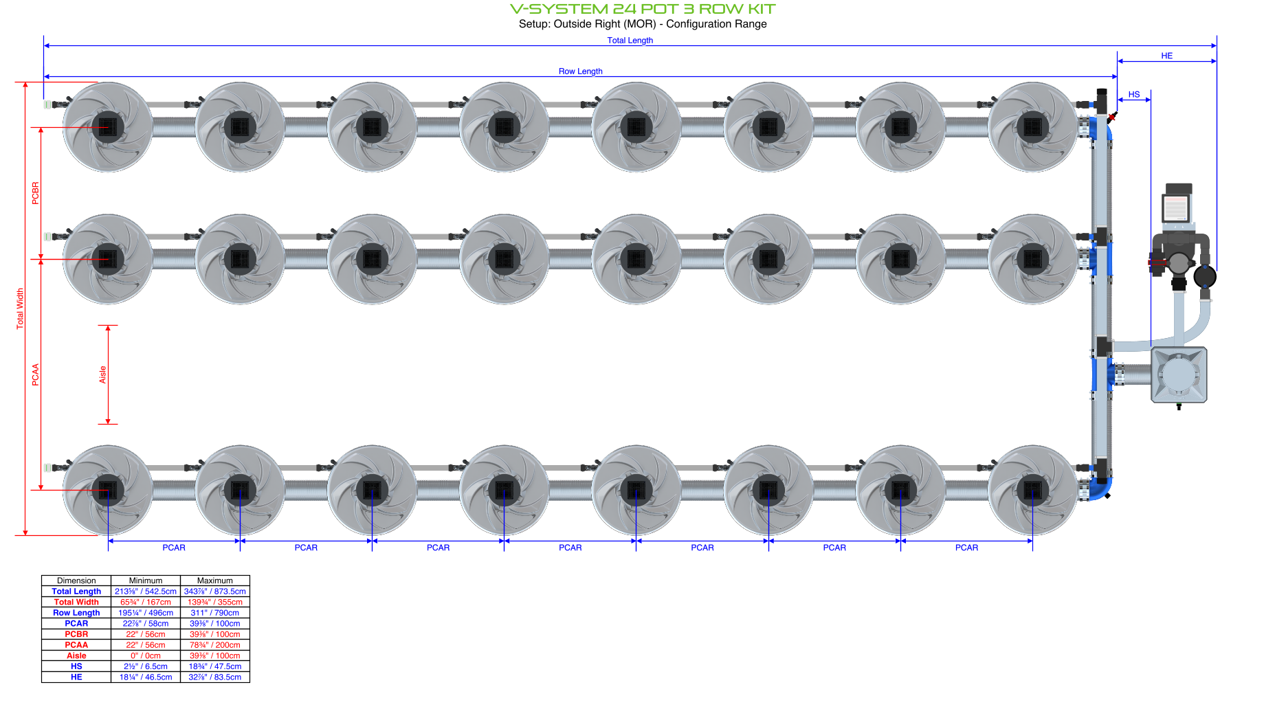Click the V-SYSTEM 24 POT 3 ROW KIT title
point(642,9)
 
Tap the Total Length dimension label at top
point(630,41)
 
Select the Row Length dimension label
point(580,71)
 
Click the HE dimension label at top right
point(1166,56)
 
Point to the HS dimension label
point(1133,95)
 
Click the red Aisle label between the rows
point(102,374)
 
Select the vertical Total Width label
point(20,308)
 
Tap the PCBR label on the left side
point(36,193)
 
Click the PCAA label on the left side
point(36,374)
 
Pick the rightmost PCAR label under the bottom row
point(966,548)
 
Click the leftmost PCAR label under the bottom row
point(174,548)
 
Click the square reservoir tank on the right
point(1179,375)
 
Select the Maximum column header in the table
point(214,581)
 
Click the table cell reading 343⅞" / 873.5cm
point(214,592)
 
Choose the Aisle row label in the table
point(76,656)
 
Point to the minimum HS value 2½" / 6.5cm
point(145,666)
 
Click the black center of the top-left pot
point(108,127)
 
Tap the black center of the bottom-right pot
point(1032,490)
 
